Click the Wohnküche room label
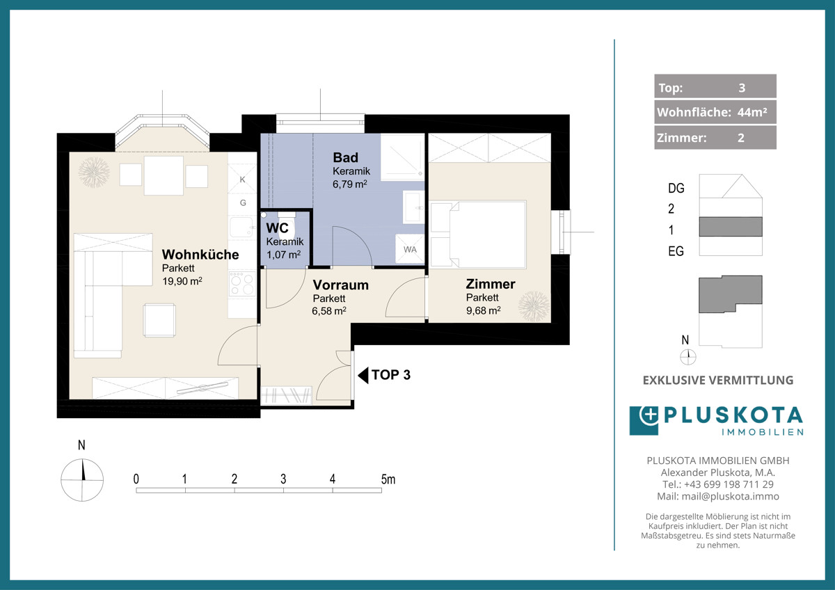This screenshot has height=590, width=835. [200, 255]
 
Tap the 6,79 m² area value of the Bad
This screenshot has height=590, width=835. [349, 184]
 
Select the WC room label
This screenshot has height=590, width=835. [277, 228]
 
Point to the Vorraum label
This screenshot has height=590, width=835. [341, 285]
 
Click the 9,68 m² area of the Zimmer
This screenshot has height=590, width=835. [483, 310]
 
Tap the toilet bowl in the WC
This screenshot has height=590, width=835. [287, 222]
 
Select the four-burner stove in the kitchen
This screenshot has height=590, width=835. [242, 284]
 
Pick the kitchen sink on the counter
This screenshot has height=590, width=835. [241, 227]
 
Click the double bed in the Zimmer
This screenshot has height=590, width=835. [478, 234]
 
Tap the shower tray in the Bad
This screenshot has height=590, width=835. [403, 157]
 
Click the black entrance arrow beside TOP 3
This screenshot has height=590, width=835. [363, 375]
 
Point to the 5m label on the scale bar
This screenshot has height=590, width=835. [388, 479]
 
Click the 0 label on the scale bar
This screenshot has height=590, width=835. [136, 479]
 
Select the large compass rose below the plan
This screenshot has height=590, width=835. [82, 479]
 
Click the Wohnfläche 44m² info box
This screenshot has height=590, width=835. [715, 112]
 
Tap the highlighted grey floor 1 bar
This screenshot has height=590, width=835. [730, 227]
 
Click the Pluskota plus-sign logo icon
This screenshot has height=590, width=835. [644, 420]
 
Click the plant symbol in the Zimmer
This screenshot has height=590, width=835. [534, 306]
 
